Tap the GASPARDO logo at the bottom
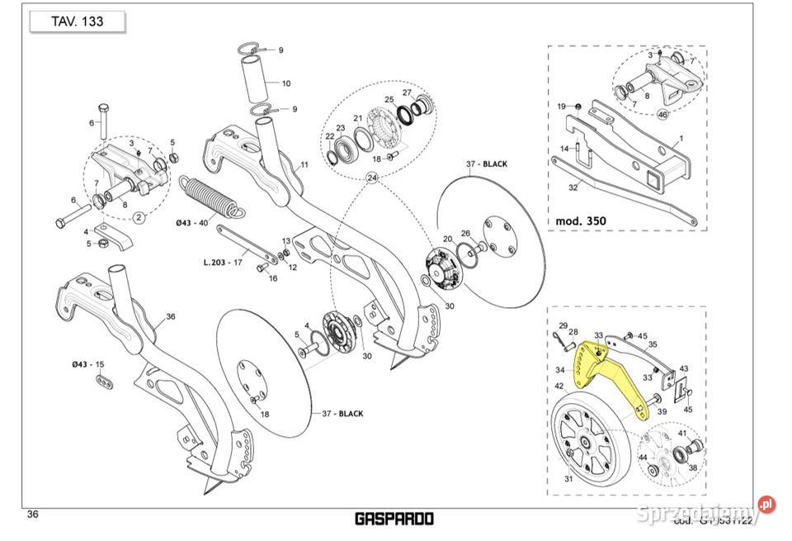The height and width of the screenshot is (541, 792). pos(394,519)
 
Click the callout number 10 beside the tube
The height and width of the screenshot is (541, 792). pos(285,83)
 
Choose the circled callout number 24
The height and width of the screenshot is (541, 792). pos(372,178)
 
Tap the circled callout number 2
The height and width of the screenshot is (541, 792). pos(138,217)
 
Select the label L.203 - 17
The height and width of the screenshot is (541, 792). pos(222,263)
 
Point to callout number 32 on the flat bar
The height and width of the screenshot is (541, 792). pos(573,187)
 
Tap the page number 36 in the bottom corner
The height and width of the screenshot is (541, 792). pos(33,515)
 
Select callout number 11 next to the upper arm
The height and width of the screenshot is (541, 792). pos(304,165)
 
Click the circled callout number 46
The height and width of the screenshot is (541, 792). pos(662,114)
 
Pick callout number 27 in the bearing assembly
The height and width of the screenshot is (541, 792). pos(407,93)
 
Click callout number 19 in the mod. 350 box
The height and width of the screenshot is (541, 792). pos(561,106)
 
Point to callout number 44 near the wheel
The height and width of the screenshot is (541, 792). pos(642,457)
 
